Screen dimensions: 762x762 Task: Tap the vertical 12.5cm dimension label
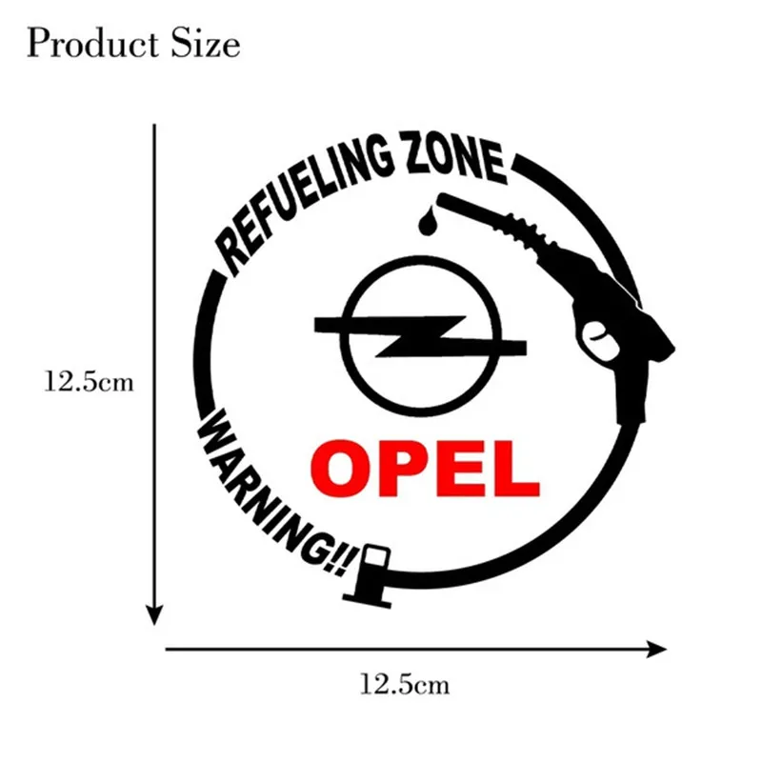click(x=90, y=384)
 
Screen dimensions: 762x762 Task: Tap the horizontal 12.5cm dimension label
click(x=405, y=683)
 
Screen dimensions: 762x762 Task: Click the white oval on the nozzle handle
click(x=597, y=335)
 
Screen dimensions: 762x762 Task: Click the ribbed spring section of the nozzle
click(x=530, y=232)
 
